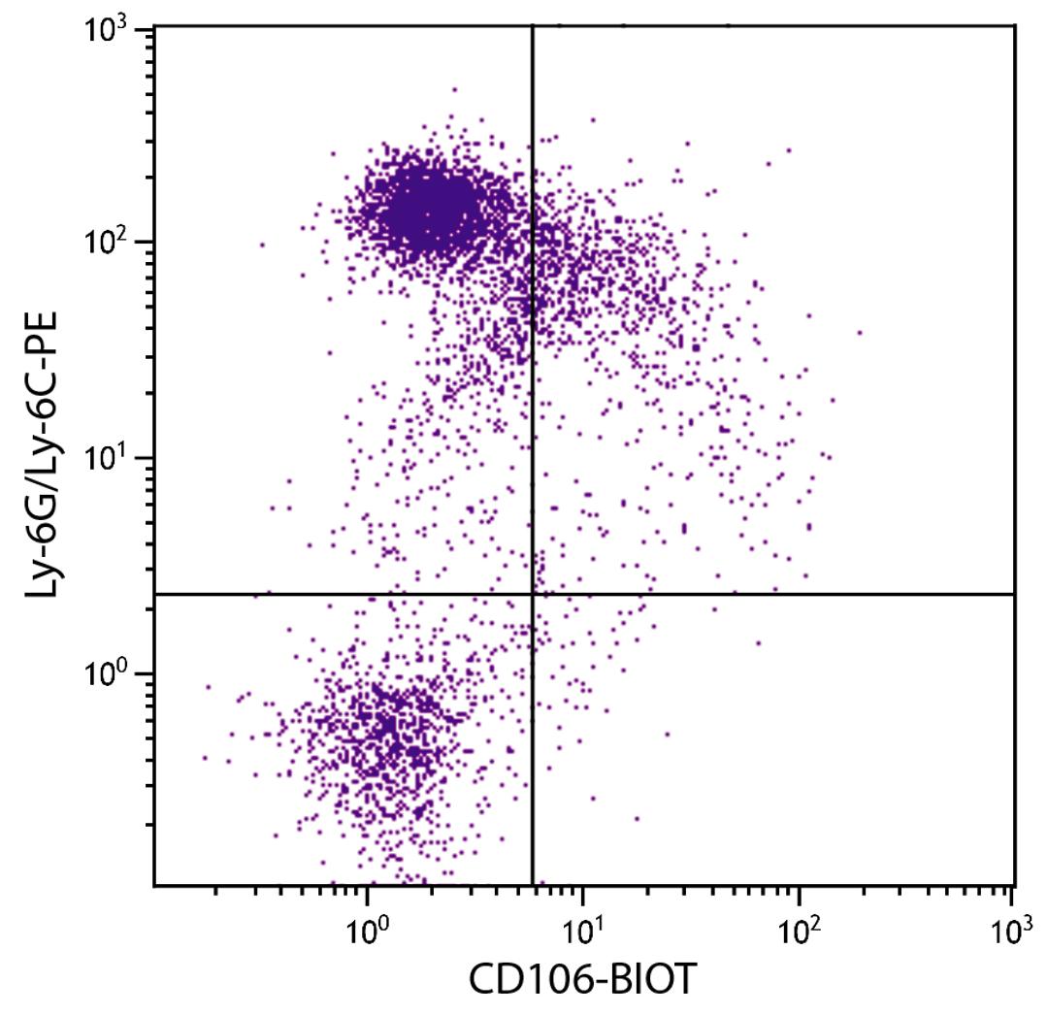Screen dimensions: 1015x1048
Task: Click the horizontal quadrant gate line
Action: tap(776, 594)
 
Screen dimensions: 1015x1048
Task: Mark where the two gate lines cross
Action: tap(533, 594)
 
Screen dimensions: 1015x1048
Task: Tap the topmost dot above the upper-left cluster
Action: tap(454, 89)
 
